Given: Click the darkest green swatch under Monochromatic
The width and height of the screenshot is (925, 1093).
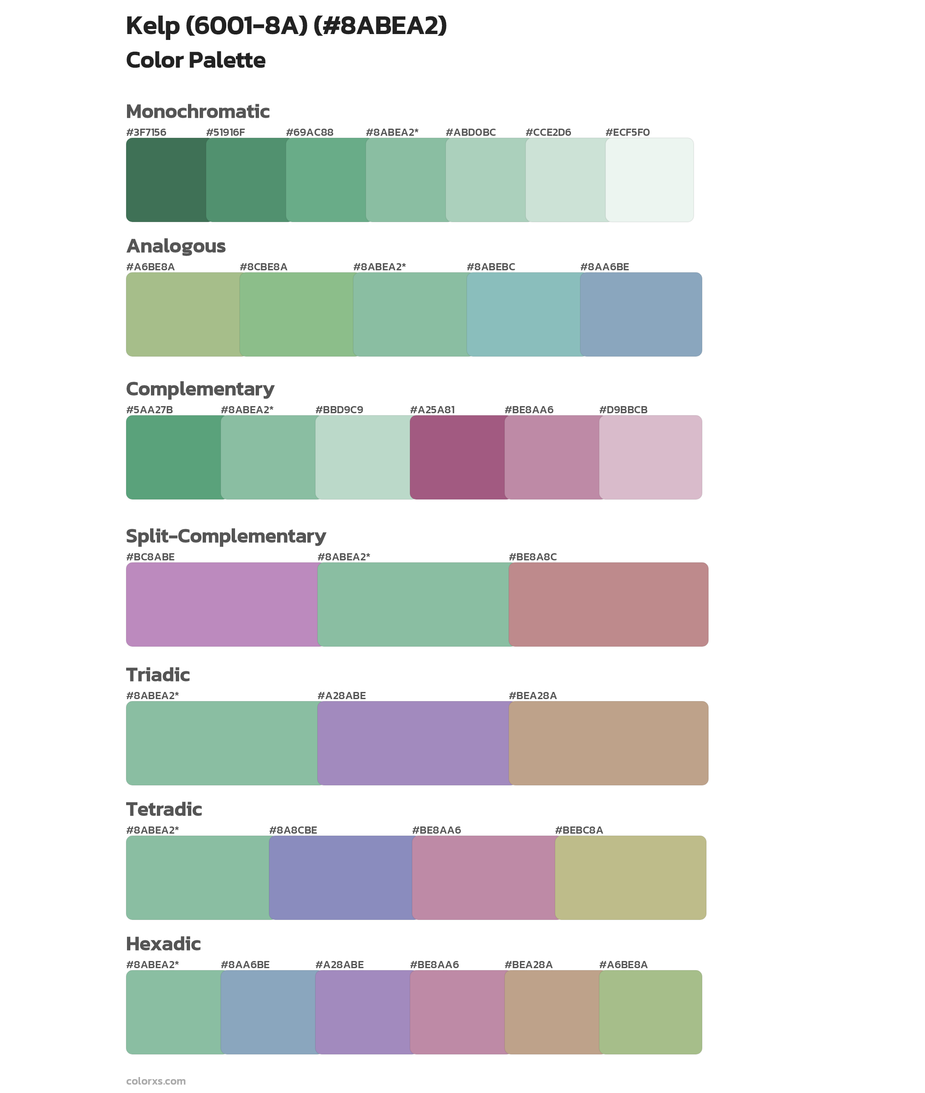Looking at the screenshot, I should point(166,180).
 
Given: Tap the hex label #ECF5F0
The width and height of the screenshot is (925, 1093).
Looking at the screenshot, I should point(627,132).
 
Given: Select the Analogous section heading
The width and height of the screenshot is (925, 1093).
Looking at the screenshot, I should point(176,246).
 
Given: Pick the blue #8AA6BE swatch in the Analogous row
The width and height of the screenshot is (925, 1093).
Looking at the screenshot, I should point(641,314).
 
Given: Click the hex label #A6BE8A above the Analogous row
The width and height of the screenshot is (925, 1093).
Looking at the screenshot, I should point(150,267).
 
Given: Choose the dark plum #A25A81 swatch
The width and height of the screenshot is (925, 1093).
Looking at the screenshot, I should point(457,457).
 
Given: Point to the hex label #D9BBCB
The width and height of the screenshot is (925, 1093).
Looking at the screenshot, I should point(623,409).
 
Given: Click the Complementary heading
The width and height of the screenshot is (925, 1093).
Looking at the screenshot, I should point(200,389).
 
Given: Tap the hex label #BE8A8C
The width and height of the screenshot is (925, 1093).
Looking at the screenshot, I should point(532,557).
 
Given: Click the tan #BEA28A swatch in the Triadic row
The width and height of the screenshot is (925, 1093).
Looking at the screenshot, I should point(608,743).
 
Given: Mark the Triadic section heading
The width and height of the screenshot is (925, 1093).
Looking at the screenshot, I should point(158,675).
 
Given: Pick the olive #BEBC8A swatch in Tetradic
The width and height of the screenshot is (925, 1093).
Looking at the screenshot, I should point(630,877).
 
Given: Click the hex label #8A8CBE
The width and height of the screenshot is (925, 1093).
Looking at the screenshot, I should point(293,830).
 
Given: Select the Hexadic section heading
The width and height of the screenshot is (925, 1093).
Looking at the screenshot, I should point(163,944).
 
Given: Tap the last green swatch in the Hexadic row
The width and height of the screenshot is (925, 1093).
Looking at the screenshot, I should point(650,1012).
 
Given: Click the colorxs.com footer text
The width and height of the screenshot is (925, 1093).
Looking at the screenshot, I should point(156,1081).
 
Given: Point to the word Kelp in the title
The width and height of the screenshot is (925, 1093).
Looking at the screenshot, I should point(153,26).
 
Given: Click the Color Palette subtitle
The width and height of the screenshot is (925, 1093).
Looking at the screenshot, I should point(196,60).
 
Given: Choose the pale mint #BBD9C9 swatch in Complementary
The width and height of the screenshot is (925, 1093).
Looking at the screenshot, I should point(363,457).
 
